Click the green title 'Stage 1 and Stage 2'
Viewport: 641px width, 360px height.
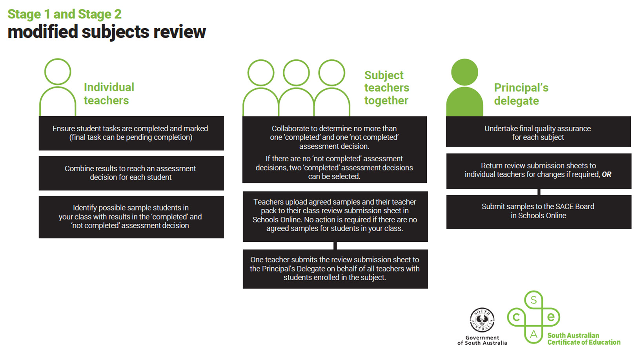64,14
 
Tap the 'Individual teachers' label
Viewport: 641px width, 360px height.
109,94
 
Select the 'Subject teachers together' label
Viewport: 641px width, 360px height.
386,88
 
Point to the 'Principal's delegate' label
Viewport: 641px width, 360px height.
521,94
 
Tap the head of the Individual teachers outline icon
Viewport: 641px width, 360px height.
58,72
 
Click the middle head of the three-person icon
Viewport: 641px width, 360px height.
296,73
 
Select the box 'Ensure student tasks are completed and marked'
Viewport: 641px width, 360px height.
131,133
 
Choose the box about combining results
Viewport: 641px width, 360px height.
131,173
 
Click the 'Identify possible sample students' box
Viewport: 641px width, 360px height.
131,217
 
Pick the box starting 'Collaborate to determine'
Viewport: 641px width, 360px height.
334,150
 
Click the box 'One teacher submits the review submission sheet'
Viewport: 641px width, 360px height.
335,269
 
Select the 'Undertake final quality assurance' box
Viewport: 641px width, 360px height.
538,132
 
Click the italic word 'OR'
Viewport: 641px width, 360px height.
606,175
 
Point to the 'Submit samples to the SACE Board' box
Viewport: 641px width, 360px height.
538,212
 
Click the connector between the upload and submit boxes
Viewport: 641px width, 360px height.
335,246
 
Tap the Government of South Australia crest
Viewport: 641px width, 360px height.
482,320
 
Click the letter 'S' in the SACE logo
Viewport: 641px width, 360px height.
534,300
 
